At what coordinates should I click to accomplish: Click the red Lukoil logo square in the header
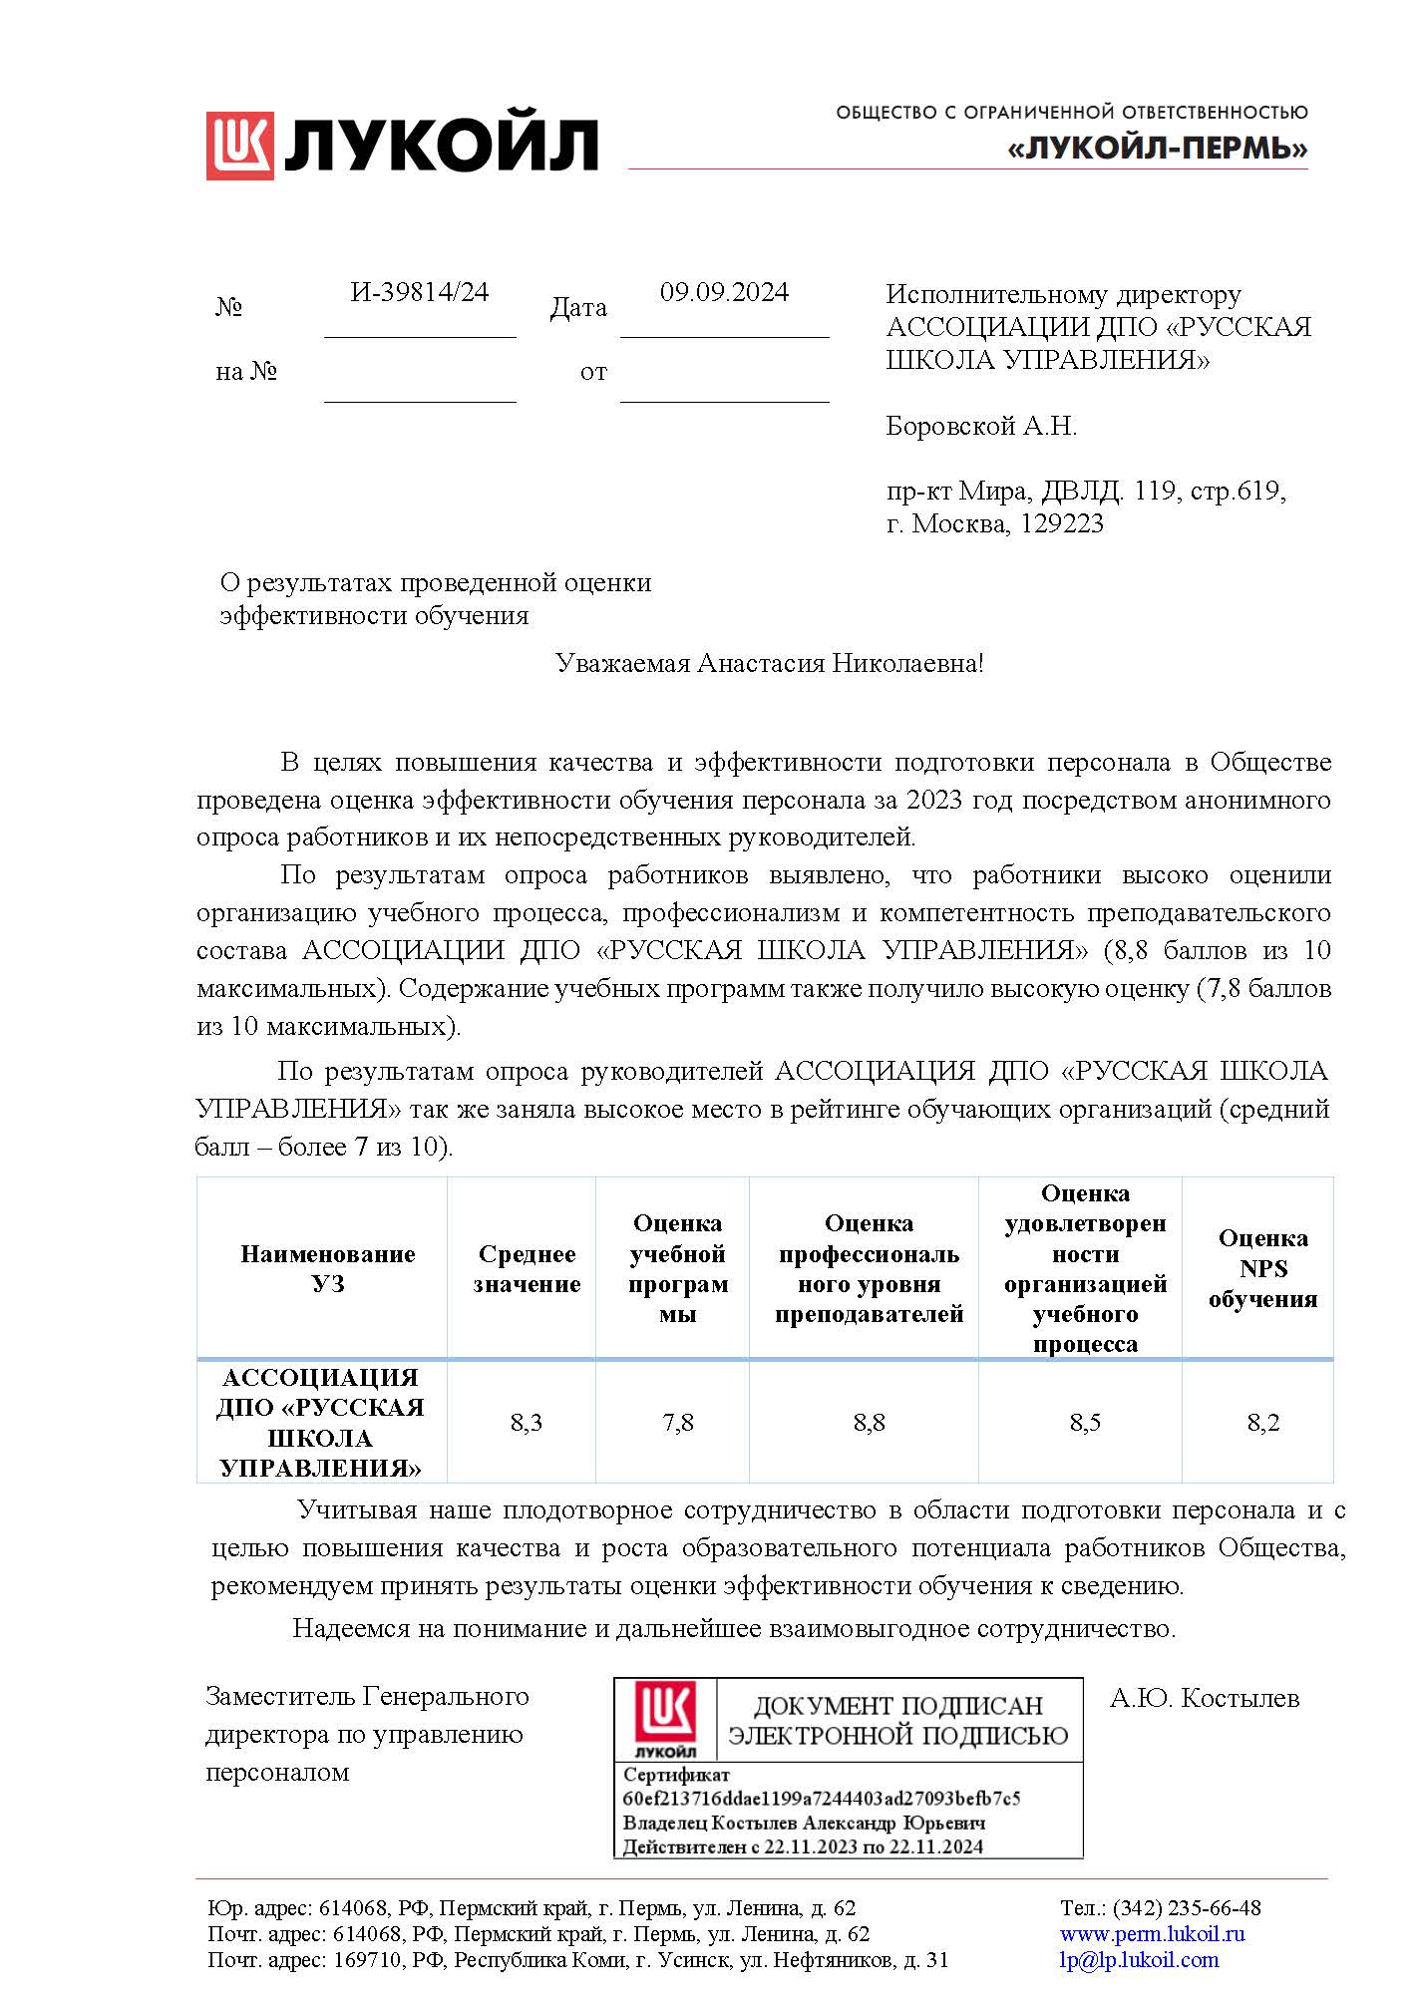point(239,146)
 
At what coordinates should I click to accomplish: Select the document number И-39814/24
point(420,292)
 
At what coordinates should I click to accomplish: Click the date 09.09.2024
point(724,292)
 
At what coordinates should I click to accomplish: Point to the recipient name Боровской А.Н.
point(981,427)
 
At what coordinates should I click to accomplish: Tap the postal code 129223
point(1062,523)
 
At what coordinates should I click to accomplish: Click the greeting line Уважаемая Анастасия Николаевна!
point(769,664)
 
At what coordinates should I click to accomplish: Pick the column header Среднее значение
point(527,1268)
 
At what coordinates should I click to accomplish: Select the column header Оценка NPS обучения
point(1262,1268)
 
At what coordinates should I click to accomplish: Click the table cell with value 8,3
point(527,1423)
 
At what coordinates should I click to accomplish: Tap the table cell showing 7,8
point(678,1423)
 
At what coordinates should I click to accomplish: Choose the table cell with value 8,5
point(1085,1423)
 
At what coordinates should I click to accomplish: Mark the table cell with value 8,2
point(1262,1423)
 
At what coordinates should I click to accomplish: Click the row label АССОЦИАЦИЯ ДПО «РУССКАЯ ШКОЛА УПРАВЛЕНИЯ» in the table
point(320,1423)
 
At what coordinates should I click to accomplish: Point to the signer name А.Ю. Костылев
point(1205,1699)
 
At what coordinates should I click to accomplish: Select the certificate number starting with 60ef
point(821,1799)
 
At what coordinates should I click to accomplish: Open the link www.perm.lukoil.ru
point(1152,1934)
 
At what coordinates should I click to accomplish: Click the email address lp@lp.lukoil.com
point(1139,1960)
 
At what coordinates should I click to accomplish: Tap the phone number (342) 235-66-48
point(1187,1908)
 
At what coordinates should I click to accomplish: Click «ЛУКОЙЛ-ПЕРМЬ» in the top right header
point(1157,150)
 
